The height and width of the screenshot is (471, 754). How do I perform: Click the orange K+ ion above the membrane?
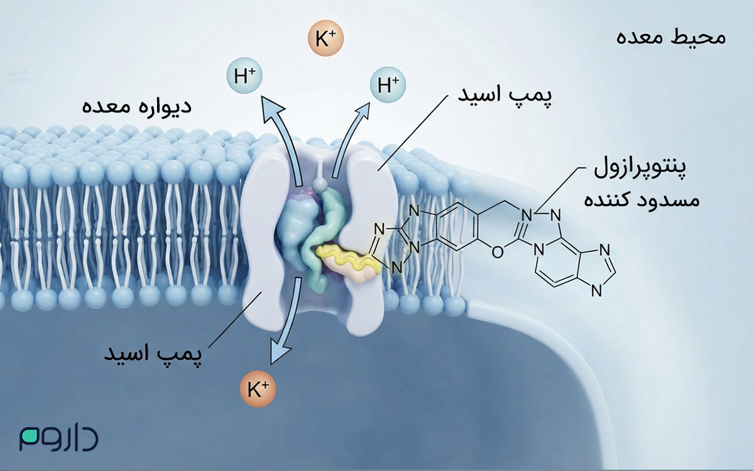click(x=325, y=38)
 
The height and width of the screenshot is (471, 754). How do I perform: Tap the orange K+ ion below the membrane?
click(x=258, y=389)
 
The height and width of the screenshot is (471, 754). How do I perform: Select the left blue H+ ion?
click(x=244, y=75)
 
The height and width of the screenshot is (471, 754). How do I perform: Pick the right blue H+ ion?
click(x=388, y=84)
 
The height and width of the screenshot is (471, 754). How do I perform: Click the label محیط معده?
click(x=670, y=38)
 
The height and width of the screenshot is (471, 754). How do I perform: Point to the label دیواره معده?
click(x=137, y=106)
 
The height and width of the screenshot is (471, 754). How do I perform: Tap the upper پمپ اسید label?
click(x=505, y=94)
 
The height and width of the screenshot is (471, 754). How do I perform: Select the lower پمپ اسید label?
click(x=153, y=354)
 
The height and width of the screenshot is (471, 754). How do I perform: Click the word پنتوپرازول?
click(x=640, y=168)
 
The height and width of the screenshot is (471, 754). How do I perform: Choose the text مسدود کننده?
click(x=642, y=200)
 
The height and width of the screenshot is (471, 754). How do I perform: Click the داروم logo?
click(x=59, y=438)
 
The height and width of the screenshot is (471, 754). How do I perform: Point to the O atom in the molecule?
click(x=498, y=252)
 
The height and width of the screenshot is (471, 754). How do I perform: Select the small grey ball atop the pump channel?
click(x=319, y=185)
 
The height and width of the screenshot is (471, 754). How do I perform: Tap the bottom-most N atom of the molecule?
click(x=596, y=291)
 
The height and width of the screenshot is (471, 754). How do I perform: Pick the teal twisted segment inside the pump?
click(x=320, y=239)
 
